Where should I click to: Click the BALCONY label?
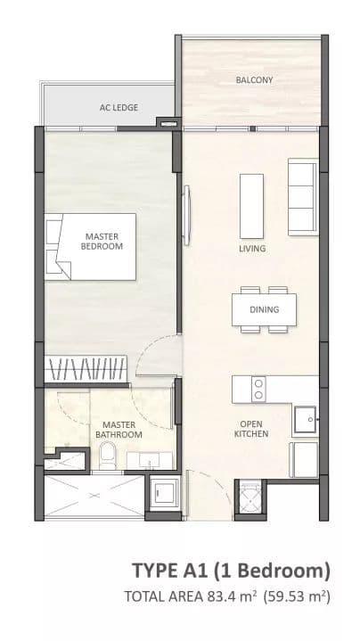click(x=254, y=79)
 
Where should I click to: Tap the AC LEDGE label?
click(x=119, y=108)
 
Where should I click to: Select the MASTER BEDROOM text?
click(x=102, y=242)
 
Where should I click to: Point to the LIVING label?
click(x=252, y=248)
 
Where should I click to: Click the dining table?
click(x=264, y=309)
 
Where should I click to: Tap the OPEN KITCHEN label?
click(x=251, y=429)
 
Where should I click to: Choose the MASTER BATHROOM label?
click(x=119, y=430)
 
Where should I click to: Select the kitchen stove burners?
click(x=258, y=390)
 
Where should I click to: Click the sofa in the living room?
click(x=303, y=197)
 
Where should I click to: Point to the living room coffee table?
click(x=251, y=206)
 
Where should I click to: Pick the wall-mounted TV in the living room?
click(x=186, y=216)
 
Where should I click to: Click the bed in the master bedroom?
click(x=90, y=247)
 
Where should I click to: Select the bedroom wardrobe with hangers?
click(x=86, y=368)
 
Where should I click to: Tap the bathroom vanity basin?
click(x=149, y=460)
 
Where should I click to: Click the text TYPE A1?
click(x=170, y=571)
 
